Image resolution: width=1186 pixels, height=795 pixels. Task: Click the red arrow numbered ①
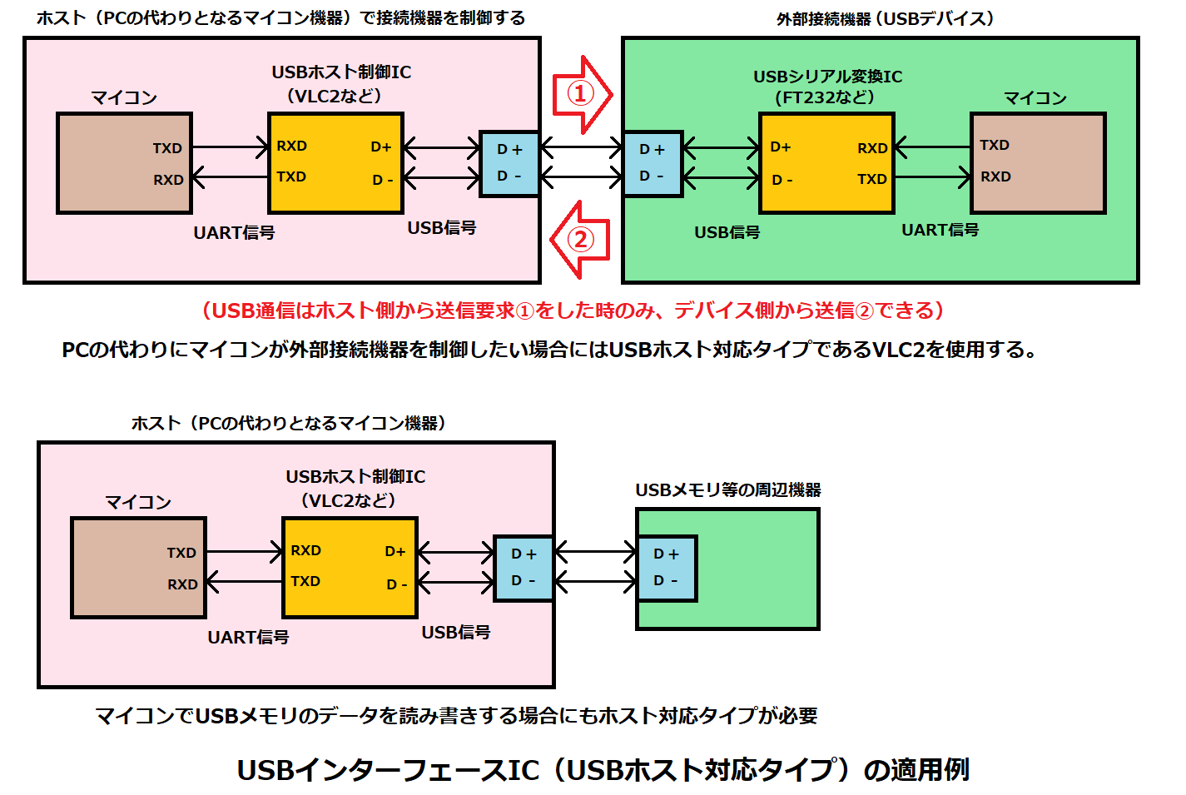[x=582, y=93]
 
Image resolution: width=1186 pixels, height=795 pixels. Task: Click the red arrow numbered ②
[x=580, y=240]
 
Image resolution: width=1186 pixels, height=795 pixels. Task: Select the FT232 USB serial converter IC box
[x=826, y=163]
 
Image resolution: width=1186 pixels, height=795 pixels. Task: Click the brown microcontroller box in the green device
[x=1039, y=163]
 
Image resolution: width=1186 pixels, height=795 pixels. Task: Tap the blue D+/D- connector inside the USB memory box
[x=667, y=568]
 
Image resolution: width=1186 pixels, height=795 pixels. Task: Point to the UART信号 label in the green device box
[x=940, y=230]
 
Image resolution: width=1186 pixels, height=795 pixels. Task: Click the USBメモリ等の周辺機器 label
[x=728, y=489]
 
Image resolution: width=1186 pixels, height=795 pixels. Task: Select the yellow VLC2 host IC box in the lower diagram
[x=350, y=567]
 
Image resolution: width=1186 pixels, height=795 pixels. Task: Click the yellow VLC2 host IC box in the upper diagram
[x=335, y=163]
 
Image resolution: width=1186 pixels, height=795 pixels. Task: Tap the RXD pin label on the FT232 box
[x=872, y=148]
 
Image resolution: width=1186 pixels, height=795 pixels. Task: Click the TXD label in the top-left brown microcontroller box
[x=167, y=148]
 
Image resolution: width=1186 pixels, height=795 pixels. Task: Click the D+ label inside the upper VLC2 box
[x=381, y=147]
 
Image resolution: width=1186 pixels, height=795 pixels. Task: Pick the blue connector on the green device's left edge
[x=653, y=163]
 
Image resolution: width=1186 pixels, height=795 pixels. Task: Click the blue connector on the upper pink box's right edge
[x=509, y=163]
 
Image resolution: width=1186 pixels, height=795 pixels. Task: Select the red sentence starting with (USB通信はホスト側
[x=573, y=311]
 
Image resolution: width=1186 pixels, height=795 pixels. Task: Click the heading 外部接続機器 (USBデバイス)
[x=885, y=18]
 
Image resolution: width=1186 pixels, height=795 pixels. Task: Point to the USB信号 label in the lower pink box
[x=455, y=632]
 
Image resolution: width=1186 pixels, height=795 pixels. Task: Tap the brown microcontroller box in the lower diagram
[x=138, y=568]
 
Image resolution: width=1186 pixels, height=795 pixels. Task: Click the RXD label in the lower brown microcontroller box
[x=182, y=584]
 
